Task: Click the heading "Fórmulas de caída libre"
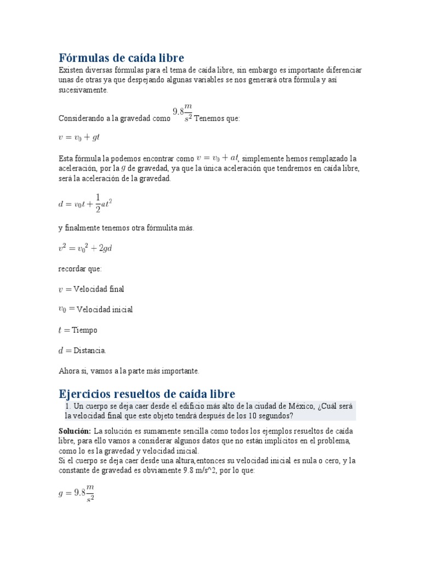(121, 58)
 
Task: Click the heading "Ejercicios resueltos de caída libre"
(146, 394)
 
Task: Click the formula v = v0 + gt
(79, 138)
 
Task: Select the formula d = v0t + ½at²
(85, 204)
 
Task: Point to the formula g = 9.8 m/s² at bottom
(76, 492)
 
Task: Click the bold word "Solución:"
(75, 431)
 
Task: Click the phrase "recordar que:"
(80, 269)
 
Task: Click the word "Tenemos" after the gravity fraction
(209, 119)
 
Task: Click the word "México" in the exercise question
(297, 406)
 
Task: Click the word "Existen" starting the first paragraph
(72, 70)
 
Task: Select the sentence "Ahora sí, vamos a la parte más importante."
(129, 371)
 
